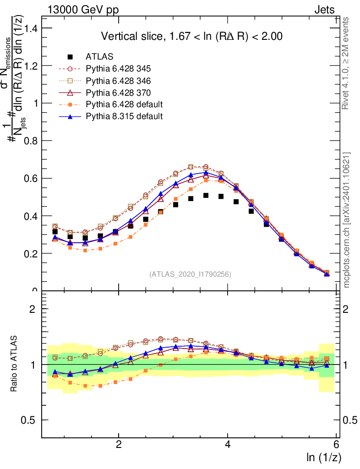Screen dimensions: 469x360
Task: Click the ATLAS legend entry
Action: click(99, 57)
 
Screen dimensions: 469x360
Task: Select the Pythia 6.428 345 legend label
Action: click(118, 69)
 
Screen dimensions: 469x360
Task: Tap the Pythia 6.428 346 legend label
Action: click(118, 81)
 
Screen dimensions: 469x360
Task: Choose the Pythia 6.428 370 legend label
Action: click(118, 93)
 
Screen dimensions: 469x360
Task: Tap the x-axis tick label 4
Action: click(228, 445)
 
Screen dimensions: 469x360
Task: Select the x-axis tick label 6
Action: click(337, 445)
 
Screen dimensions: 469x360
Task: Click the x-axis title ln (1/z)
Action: click(323, 457)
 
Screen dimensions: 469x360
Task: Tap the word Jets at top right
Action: click(324, 10)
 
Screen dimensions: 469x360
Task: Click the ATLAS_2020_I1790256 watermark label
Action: click(190, 274)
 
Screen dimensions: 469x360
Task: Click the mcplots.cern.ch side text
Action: click(347, 220)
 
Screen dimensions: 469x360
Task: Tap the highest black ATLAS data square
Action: click(206, 196)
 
